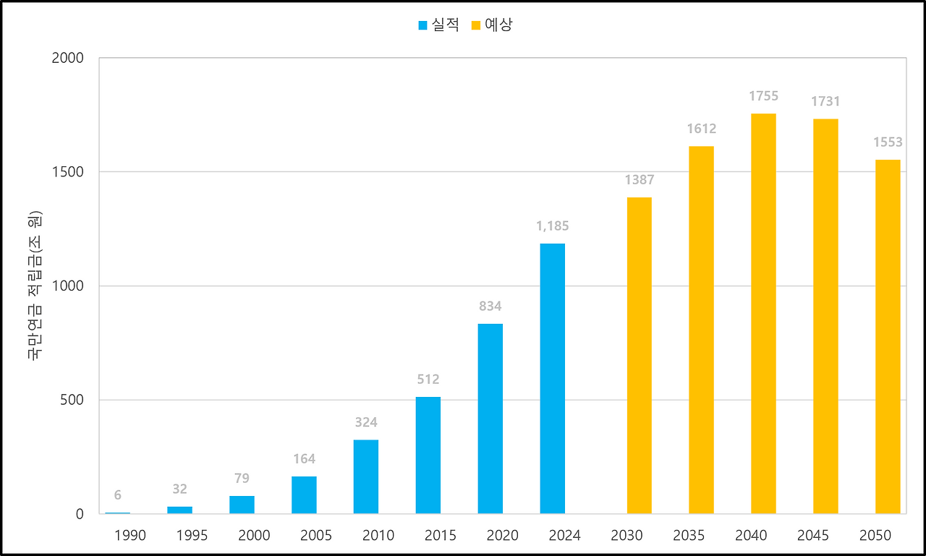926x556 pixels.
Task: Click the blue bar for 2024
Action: pyautogui.click(x=552, y=379)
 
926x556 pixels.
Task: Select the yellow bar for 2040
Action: pyautogui.click(x=763, y=314)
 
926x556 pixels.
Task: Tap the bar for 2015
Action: pyautogui.click(x=428, y=456)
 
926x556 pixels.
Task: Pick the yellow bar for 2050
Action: pyautogui.click(x=888, y=337)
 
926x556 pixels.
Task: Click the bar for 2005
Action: pyautogui.click(x=304, y=495)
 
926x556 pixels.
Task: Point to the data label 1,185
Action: pyautogui.click(x=552, y=226)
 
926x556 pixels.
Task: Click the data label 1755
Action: pyautogui.click(x=763, y=96)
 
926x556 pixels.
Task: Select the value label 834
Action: pyautogui.click(x=490, y=307)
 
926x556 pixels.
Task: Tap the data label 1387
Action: pyautogui.click(x=639, y=180)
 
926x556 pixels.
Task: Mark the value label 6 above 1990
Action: pyautogui.click(x=117, y=495)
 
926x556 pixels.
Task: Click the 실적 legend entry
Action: pyautogui.click(x=438, y=25)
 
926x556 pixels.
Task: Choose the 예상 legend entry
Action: pyautogui.click(x=492, y=25)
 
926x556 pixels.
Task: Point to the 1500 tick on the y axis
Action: pyautogui.click(x=68, y=172)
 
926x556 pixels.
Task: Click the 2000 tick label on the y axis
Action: pyautogui.click(x=68, y=58)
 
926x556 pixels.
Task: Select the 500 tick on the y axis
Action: pyautogui.click(x=72, y=400)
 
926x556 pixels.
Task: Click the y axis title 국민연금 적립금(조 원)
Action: pyautogui.click(x=35, y=286)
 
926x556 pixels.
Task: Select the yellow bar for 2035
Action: pyautogui.click(x=701, y=330)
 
